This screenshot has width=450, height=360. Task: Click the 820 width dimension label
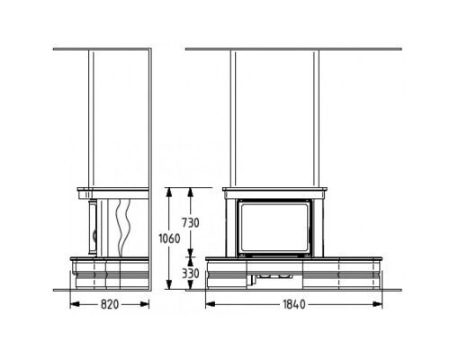point(110,304)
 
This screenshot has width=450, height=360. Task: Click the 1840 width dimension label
point(294,304)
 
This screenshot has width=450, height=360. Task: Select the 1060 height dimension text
point(169,238)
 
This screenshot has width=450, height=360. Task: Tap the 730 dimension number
point(191,223)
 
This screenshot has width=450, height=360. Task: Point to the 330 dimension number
point(191,274)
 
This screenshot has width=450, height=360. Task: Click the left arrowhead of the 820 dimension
point(75,304)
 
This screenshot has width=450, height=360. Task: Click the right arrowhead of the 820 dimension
point(145,304)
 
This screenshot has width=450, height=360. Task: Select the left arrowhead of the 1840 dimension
point(211,304)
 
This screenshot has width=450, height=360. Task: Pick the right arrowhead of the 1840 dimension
point(377,304)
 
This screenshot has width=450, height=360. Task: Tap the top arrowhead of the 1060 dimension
point(169,193)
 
